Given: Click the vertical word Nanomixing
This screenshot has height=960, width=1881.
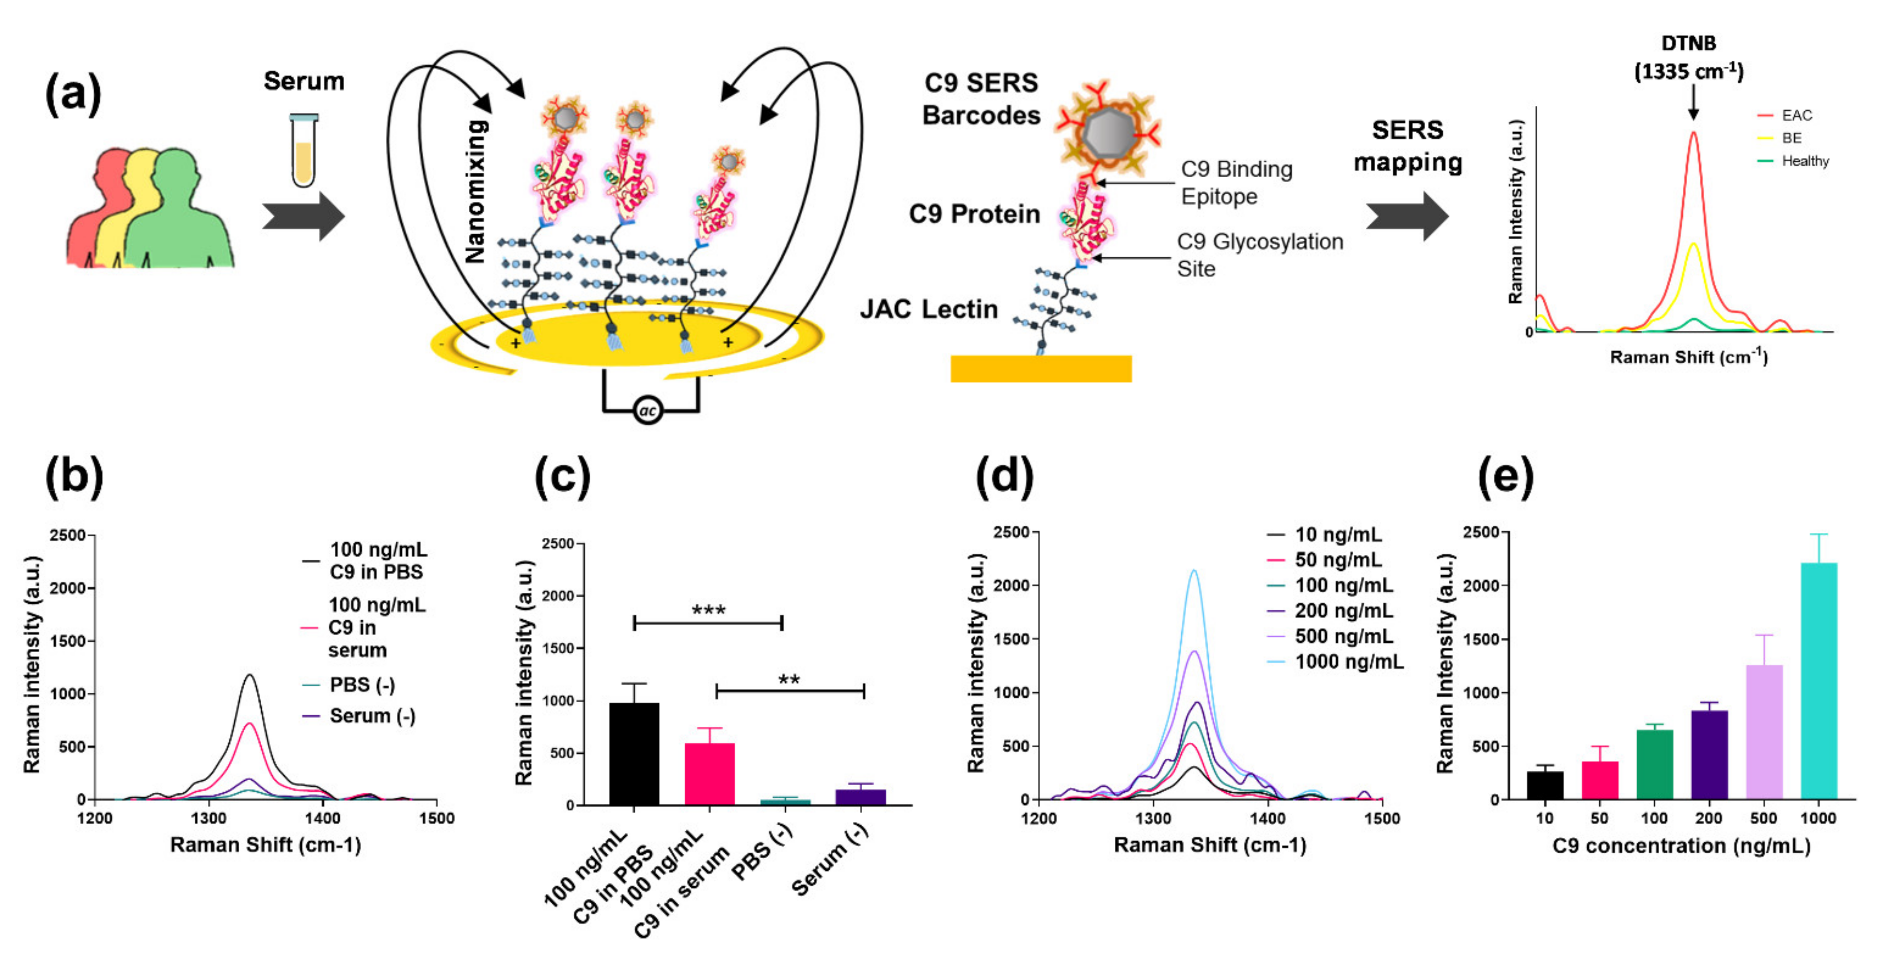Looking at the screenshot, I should point(475,191).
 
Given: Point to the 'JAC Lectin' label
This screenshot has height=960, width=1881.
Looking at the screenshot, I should point(928,310).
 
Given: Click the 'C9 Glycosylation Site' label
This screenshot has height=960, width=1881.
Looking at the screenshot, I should point(1259,255).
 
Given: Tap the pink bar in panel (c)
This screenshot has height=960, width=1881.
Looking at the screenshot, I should point(709,774).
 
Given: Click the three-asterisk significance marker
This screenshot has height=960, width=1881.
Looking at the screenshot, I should point(708,610).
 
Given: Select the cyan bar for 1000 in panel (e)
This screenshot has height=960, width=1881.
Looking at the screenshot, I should point(1818,681).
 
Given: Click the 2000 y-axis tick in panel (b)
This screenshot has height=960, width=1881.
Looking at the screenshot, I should point(68,588).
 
